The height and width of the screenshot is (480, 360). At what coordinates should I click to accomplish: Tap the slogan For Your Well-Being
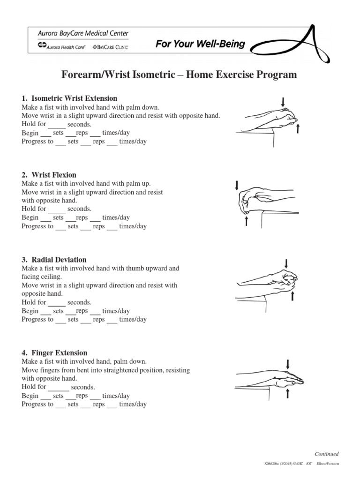[x=200, y=45]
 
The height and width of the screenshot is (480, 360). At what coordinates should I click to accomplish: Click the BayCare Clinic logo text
[x=111, y=47]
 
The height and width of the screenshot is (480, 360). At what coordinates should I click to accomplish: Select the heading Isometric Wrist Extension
[x=74, y=98]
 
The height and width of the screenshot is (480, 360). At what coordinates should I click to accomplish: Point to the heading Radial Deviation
[x=59, y=260]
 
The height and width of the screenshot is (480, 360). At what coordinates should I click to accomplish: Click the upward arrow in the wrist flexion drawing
[x=247, y=221]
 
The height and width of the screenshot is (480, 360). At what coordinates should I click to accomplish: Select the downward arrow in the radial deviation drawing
[x=286, y=263]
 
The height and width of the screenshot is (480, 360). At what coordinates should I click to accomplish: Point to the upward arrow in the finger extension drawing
[x=287, y=394]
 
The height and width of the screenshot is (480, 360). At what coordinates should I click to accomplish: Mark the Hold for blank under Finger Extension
[x=59, y=388]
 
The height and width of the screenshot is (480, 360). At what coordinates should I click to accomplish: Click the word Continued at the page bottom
[x=326, y=454]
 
